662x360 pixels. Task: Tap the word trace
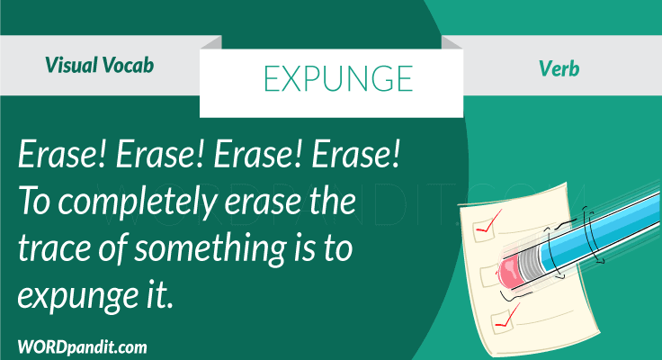[x=55, y=253]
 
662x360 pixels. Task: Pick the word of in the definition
[x=113, y=253]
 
